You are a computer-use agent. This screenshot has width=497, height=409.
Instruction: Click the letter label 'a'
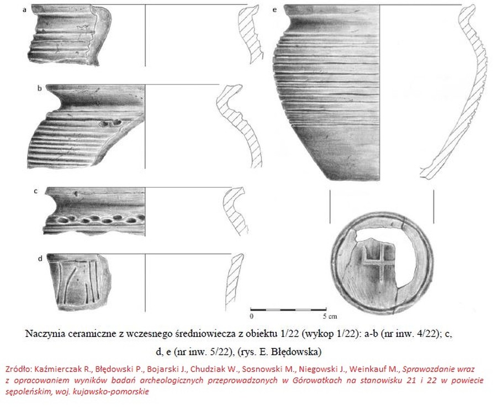point(25,10)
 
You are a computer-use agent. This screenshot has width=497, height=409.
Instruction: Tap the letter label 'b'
point(40,88)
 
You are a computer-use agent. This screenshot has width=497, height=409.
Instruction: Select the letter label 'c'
point(36,191)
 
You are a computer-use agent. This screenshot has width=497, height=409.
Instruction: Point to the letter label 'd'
point(40,259)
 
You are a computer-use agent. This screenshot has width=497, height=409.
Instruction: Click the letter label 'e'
point(275,10)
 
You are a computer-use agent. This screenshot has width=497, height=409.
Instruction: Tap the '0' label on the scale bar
point(252,316)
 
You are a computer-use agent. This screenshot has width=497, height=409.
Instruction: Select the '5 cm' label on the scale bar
point(330,316)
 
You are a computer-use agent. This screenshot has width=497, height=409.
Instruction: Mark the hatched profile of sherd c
point(235,211)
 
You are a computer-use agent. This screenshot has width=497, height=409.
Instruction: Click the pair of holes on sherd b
point(110,123)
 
